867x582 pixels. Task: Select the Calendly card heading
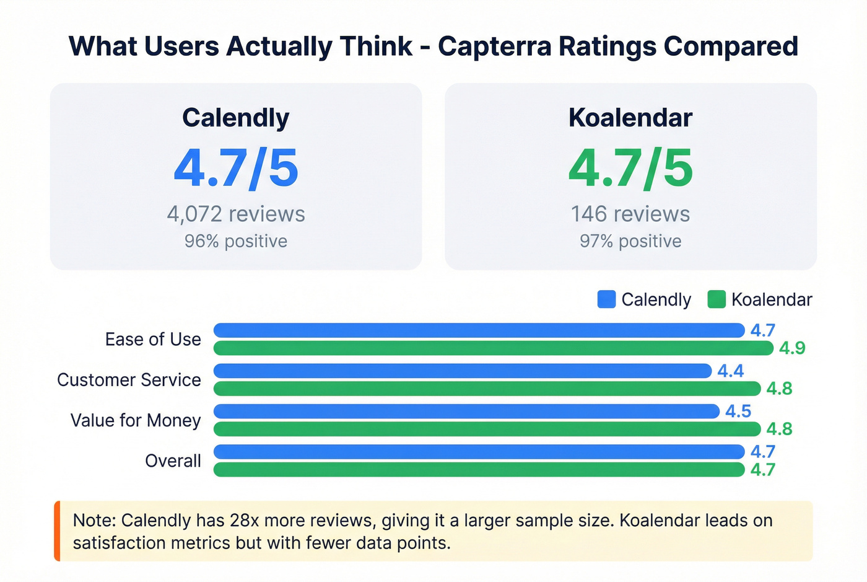tap(235, 118)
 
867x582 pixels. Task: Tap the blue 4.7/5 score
tap(236, 168)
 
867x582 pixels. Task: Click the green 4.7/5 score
tap(630, 168)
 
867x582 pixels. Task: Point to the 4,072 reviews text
tap(235, 214)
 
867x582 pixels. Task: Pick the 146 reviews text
tap(630, 214)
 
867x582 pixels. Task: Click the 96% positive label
tap(235, 241)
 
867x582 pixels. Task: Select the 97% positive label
tap(630, 241)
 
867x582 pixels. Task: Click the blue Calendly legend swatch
tap(606, 299)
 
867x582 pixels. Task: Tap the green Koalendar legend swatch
tap(717, 299)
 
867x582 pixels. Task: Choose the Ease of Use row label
tap(153, 340)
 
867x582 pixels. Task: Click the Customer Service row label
tap(129, 380)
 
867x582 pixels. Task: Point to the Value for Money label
tap(136, 420)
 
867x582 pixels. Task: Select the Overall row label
tap(173, 461)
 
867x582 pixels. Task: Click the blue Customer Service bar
tap(462, 371)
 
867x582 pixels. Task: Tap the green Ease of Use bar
tap(493, 348)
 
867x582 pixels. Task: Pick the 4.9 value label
tap(792, 348)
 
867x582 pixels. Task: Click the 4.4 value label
tap(730, 371)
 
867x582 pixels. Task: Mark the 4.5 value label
tap(738, 412)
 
